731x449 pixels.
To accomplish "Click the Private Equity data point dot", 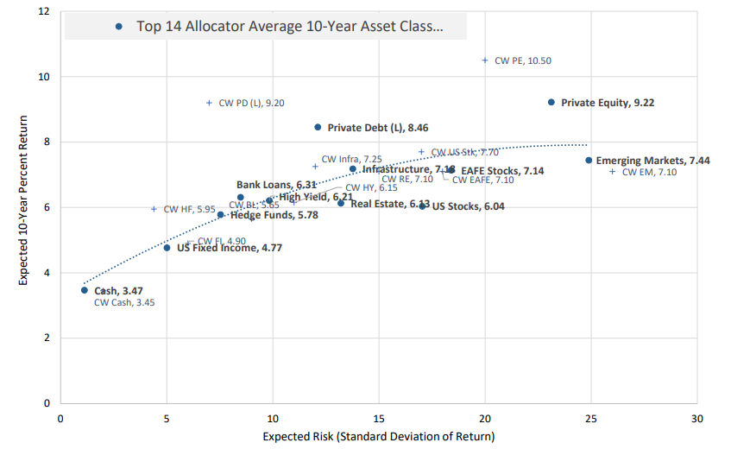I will pos(551,102).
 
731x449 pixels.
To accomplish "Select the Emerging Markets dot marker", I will pos(589,160).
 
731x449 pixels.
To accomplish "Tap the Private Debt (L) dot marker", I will pos(318,127).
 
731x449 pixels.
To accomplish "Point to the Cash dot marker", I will pos(85,290).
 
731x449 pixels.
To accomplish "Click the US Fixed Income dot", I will pos(167,248).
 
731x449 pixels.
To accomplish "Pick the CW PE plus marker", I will pos(485,60).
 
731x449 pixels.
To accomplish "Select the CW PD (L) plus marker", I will pos(209,103).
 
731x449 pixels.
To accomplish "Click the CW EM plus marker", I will pos(612,171).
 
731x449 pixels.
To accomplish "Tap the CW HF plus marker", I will pos(154,209).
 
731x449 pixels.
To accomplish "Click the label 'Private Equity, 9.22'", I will pos(608,103).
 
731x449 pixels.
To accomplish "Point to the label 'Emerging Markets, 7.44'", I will pos(653,161).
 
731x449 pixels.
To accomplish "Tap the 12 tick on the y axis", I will pos(44,11).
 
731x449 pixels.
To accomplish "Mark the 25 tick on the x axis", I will pos(590,419).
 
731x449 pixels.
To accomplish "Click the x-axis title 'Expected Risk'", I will pos(379,437).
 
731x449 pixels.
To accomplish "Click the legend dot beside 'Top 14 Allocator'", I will pos(119,26).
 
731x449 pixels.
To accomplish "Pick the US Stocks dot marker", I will pos(422,206).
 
